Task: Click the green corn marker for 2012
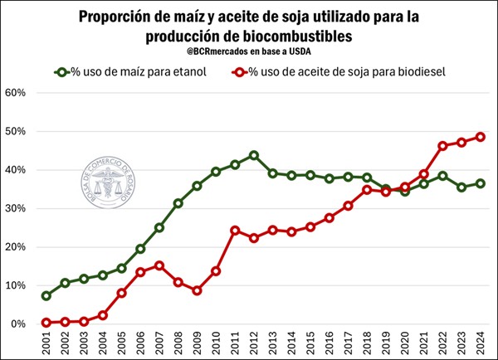point(253,155)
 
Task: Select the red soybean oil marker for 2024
point(480,137)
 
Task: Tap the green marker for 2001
point(46,295)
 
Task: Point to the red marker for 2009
point(196,290)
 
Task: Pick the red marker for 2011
point(235,230)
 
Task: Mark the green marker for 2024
point(480,183)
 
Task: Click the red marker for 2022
point(442,145)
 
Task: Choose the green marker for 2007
point(159,227)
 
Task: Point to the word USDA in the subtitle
point(311,53)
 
